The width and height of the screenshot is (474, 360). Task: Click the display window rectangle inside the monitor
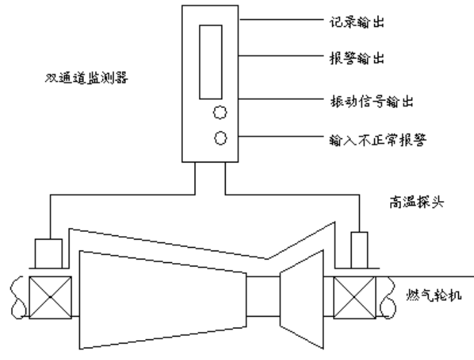(x=211, y=61)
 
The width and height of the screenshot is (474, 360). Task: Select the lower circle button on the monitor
(x=221, y=138)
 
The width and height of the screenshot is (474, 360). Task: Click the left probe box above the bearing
(x=47, y=252)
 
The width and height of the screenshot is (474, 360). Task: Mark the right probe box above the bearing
(x=359, y=249)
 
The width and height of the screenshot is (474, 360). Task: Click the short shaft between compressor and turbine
(x=263, y=297)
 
